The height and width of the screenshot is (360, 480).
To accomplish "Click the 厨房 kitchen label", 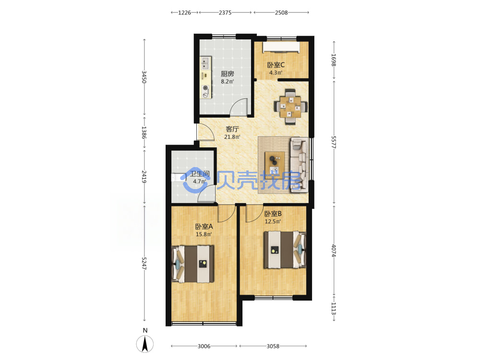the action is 228,74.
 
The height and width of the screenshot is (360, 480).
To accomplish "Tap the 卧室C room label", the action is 276,65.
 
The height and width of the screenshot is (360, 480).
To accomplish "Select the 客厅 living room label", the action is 232,129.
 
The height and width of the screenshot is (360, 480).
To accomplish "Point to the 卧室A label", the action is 204,227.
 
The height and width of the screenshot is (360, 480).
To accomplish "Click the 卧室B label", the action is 273,214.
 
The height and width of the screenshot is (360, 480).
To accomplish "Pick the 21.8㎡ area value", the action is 232,137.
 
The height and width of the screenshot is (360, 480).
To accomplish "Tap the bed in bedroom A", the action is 192,264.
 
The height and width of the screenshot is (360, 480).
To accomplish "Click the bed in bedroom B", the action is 285,250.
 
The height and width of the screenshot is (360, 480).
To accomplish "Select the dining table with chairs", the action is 290,107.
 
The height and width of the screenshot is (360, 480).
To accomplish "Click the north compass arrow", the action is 145,344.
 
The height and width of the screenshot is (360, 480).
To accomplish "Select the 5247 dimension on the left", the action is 144,263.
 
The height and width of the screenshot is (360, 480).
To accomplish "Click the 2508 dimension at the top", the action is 281,12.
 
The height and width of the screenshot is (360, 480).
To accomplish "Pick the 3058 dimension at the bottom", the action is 273,346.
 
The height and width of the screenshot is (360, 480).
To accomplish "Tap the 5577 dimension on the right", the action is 334,143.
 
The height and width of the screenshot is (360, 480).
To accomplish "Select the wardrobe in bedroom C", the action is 281,47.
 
